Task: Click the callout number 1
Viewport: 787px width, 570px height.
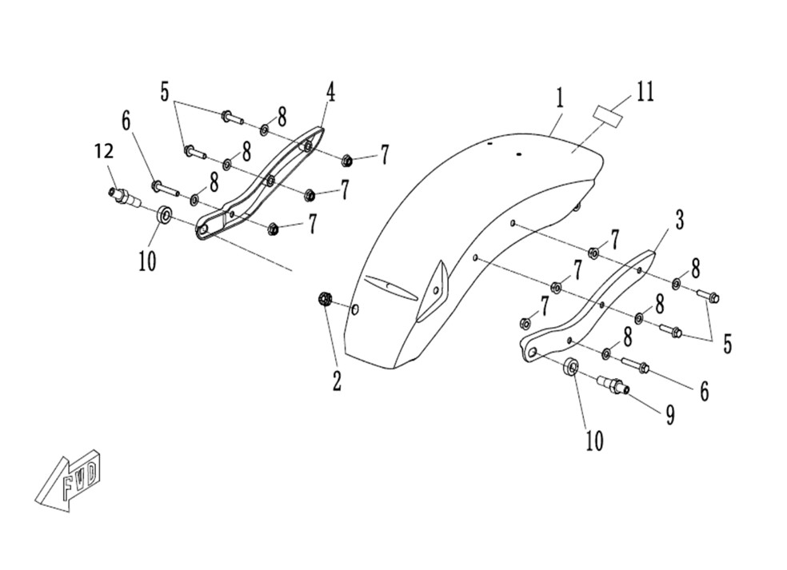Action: coord(559,98)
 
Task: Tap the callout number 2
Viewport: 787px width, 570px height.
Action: coord(337,381)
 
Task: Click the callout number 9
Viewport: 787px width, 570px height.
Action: coord(669,415)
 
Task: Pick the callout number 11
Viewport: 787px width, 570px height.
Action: coord(645,92)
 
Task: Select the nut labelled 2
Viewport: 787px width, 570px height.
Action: coord(324,299)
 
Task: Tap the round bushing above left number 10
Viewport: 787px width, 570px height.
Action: coord(164,215)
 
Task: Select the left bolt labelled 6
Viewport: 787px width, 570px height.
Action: coord(166,188)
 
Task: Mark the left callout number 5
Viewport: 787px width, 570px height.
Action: coord(165,92)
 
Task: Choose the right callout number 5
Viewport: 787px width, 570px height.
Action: coord(727,345)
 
